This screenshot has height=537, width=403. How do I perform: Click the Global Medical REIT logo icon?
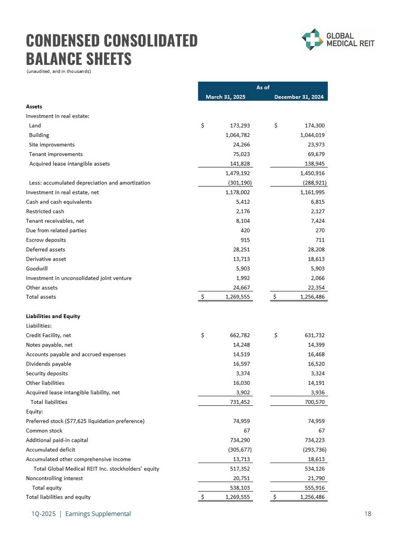click(x=312, y=39)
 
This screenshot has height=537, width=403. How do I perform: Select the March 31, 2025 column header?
click(x=225, y=97)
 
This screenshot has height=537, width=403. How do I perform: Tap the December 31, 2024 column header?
click(x=299, y=97)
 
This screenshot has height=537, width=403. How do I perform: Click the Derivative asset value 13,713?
click(x=240, y=259)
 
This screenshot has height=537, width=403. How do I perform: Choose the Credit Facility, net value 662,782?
click(x=238, y=336)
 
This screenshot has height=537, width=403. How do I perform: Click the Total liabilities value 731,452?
click(x=238, y=402)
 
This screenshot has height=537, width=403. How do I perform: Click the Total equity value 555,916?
click(x=312, y=488)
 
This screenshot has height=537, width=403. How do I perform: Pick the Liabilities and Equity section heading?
click(x=53, y=316)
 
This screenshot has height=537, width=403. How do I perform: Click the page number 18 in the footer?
click(x=368, y=514)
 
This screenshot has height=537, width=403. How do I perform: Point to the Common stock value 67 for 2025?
click(x=246, y=431)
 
